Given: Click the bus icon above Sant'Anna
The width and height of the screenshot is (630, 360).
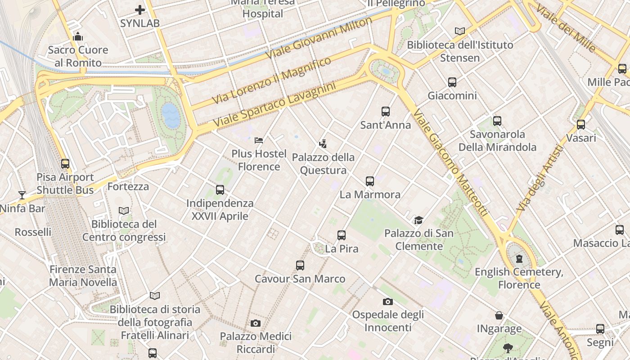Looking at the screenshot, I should [x=385, y=112].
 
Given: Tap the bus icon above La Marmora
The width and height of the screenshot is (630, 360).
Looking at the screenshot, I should [x=370, y=181].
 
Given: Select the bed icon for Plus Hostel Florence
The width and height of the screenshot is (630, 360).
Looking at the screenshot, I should [x=259, y=140].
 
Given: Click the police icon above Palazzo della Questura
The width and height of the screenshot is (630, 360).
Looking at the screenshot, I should [x=323, y=144].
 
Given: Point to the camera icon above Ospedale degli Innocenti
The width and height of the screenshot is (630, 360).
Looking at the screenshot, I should [x=387, y=301].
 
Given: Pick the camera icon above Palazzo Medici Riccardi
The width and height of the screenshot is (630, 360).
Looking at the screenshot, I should [x=256, y=323].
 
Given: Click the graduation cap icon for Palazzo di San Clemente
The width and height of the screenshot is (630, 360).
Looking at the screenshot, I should [x=419, y=220].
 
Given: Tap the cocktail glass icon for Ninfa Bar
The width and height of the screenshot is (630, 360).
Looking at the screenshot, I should [x=22, y=195].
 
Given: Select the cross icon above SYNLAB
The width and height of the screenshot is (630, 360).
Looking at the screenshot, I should [x=140, y=9].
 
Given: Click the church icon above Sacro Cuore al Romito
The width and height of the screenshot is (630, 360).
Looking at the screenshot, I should [x=78, y=36].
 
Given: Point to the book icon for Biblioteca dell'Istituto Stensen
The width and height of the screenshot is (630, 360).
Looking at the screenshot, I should [x=459, y=31].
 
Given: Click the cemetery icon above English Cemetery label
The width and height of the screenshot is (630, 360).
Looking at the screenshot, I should [x=519, y=259].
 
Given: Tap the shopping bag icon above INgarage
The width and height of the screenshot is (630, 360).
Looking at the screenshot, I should [x=499, y=315].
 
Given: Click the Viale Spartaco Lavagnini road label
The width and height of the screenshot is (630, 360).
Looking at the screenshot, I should [x=274, y=104].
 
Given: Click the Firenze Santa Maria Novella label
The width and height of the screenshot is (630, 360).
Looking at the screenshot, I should [x=83, y=276].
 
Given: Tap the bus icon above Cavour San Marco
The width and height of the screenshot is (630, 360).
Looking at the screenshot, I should [x=300, y=265].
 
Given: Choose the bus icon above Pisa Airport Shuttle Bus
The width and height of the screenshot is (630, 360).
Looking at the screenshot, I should [x=65, y=164].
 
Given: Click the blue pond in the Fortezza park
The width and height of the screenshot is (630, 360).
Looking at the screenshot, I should [x=171, y=116].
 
